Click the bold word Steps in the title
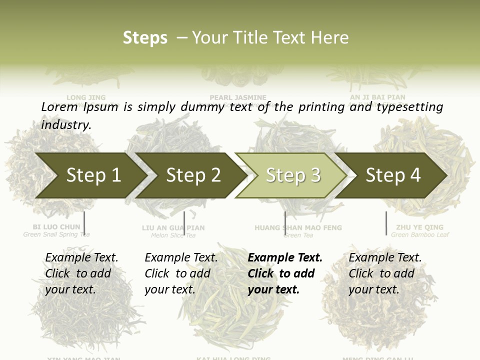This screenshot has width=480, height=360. tap(145, 37)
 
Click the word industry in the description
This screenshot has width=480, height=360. tap(66, 124)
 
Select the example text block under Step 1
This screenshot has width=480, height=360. tap(81, 273)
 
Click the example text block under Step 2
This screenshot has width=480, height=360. tap(181, 273)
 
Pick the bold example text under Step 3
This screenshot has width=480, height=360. tap(285, 273)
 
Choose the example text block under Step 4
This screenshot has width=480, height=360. tap(385, 273)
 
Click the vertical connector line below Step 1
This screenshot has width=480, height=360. tap(84, 223)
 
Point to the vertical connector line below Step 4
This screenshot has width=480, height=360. tap(386, 223)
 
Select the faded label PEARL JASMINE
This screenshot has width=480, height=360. tap(238, 97)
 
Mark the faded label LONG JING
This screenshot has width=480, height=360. tap(86, 97)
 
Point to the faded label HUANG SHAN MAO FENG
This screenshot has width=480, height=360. tap(298, 227)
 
